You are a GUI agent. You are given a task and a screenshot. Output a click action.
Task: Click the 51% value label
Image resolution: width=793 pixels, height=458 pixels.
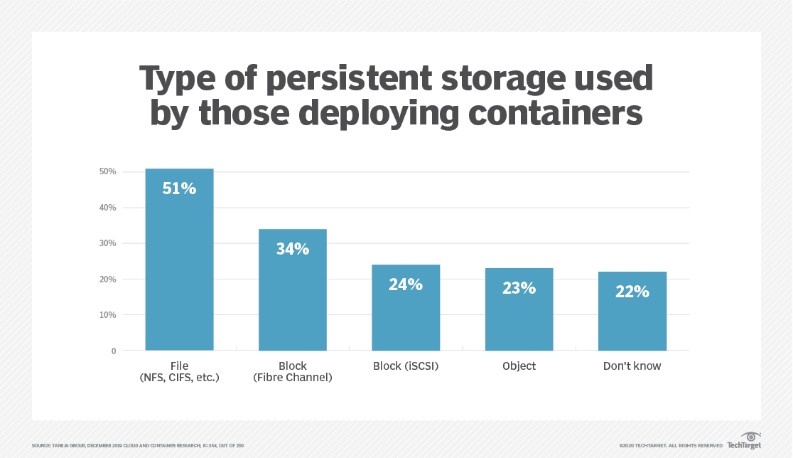[x=179, y=188]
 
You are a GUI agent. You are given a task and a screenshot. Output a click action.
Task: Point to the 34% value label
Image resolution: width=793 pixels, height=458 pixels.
[x=292, y=249]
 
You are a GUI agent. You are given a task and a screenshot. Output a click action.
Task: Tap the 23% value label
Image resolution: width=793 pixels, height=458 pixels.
[x=519, y=288]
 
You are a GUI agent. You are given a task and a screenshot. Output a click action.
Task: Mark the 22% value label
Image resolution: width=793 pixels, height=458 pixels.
[x=632, y=291]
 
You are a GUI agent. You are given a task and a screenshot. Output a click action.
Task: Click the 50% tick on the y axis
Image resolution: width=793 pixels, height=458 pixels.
[x=107, y=172]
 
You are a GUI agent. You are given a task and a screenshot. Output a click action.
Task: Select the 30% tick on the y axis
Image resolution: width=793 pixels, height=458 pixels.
[x=107, y=243]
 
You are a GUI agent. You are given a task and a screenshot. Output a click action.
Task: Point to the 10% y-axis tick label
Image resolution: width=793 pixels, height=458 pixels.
[x=107, y=315]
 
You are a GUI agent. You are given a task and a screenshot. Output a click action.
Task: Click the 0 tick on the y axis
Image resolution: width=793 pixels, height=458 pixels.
[x=113, y=351]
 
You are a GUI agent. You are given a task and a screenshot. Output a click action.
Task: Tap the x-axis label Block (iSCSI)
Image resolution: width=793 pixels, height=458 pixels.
[x=406, y=366]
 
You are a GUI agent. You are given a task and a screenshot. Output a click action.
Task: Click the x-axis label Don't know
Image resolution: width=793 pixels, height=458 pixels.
[x=632, y=366]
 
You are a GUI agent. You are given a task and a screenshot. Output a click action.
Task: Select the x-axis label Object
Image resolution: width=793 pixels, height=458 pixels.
[x=519, y=366]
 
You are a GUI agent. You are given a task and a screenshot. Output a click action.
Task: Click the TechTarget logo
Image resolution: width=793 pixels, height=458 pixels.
[x=744, y=441]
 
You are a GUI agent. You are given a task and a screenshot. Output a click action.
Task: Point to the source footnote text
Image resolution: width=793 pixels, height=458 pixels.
[x=138, y=445]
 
